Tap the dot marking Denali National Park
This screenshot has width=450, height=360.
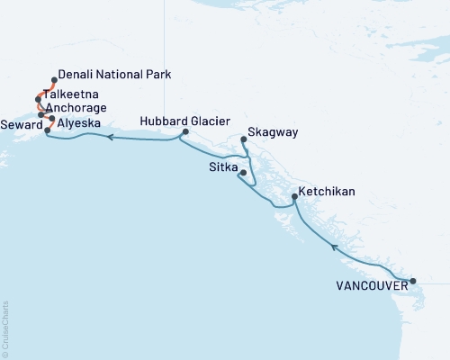click(x=55, y=80)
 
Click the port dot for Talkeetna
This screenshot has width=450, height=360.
click(x=39, y=98)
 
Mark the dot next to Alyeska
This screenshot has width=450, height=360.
click(x=51, y=119)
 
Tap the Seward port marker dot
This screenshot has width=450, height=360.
click(x=47, y=130)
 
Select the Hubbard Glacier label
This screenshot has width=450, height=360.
click(x=186, y=120)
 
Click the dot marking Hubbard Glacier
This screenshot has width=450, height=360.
click(x=184, y=132)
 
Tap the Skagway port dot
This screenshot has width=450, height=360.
click(x=245, y=139)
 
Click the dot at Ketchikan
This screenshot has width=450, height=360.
click(x=296, y=196)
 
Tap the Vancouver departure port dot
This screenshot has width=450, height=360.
click(x=413, y=282)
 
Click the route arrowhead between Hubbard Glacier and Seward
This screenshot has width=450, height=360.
click(x=109, y=138)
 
